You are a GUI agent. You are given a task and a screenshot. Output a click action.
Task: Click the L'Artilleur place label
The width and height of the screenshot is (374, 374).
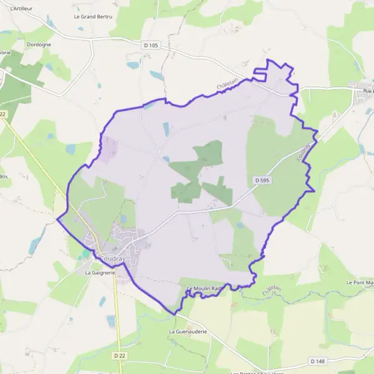(21, 7)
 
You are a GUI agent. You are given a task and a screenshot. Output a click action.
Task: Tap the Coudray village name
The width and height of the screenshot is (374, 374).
(112, 259)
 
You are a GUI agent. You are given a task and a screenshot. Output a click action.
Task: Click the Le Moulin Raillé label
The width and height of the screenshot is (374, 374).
(205, 287)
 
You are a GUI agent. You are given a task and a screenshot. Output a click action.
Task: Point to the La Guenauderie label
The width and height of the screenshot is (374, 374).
(188, 332)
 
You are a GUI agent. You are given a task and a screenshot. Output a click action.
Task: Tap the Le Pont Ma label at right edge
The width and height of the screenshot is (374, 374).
(360, 282)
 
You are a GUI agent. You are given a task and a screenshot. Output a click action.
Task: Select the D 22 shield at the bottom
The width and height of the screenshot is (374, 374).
(120, 355)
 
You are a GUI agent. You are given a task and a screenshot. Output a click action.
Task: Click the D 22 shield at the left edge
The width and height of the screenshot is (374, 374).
(2, 114)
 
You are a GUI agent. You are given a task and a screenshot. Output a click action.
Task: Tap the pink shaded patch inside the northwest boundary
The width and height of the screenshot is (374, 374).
(108, 150)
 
